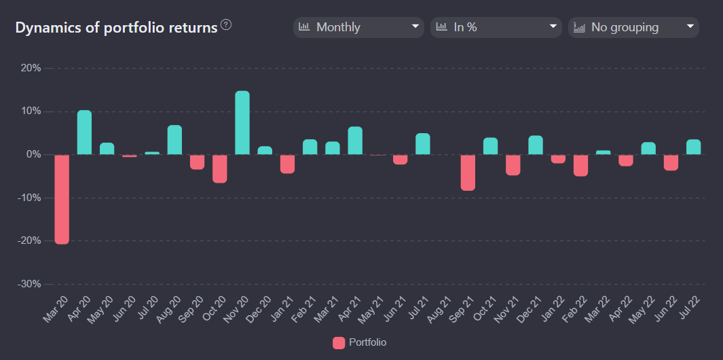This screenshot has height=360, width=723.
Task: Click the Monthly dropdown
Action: pyautogui.click(x=358, y=27)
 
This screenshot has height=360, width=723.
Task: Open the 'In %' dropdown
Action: pyautogui.click(x=496, y=27)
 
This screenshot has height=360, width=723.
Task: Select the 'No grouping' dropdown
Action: pyautogui.click(x=633, y=27)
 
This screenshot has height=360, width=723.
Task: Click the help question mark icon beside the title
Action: pyautogui.click(x=226, y=25)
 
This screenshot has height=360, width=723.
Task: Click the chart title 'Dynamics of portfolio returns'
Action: pyautogui.click(x=116, y=28)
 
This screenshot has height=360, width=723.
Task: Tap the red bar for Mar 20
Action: pyautogui.click(x=62, y=199)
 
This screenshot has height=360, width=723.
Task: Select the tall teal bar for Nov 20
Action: pyautogui.click(x=242, y=123)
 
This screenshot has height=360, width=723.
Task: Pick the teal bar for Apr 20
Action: pyautogui.click(x=84, y=132)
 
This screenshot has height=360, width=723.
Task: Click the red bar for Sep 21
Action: pyautogui.click(x=468, y=173)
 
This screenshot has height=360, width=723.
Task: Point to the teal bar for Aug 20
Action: pyautogui.click(x=174, y=140)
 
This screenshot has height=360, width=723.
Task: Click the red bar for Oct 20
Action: pyautogui.click(x=219, y=168)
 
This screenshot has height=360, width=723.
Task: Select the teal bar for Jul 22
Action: pyautogui.click(x=693, y=147)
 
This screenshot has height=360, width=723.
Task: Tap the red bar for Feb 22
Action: pyautogui.click(x=580, y=165)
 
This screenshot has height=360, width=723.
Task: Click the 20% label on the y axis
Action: pyautogui.click(x=31, y=68)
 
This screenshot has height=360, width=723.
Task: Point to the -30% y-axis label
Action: pyautogui.click(x=29, y=284)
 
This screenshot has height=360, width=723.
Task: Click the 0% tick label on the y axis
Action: pyautogui.click(x=34, y=154)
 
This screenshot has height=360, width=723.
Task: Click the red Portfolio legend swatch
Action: pyautogui.click(x=339, y=343)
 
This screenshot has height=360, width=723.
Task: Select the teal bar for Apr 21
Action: pyautogui.click(x=355, y=141)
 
